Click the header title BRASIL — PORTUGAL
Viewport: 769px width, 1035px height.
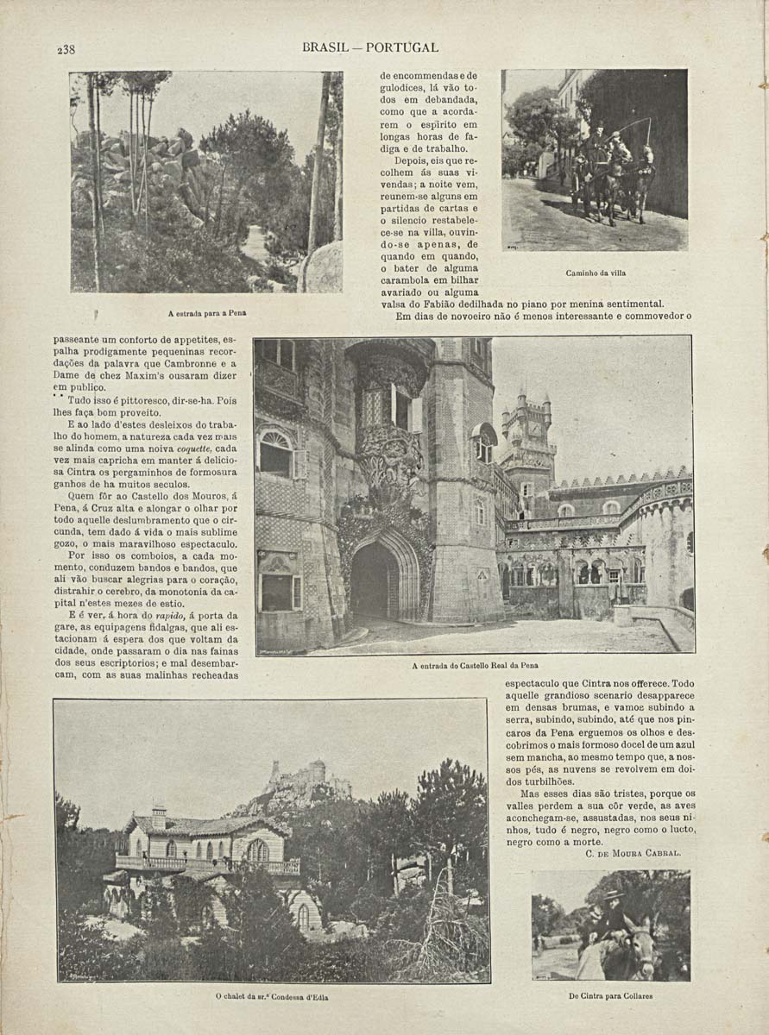(370, 47)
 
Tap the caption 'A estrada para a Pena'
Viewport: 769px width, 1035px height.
(206, 313)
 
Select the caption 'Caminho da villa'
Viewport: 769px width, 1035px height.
(596, 273)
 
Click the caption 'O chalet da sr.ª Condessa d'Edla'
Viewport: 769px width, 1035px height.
(272, 997)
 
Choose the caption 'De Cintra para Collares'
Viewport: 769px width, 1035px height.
(610, 995)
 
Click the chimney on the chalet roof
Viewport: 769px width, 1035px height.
(158, 816)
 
